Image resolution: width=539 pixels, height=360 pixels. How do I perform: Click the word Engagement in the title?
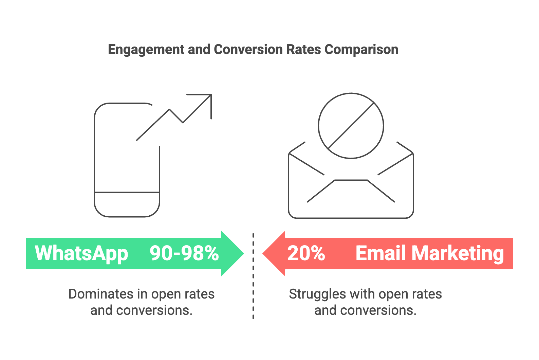point(146,50)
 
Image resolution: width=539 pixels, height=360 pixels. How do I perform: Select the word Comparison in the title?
point(361,50)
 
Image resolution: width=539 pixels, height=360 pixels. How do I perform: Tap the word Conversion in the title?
point(248,49)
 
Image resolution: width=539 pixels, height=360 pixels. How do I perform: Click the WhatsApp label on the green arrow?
point(81,254)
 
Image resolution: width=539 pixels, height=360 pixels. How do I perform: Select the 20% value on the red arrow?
point(306,253)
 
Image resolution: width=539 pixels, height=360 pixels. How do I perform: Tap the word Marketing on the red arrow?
point(458,254)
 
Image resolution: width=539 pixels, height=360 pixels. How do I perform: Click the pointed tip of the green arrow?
point(244,253)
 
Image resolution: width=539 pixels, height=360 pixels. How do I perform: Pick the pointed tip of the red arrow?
point(263,253)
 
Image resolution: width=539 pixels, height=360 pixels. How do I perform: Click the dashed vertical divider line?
point(253,276)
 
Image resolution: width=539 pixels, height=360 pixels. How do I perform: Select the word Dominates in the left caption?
point(101,294)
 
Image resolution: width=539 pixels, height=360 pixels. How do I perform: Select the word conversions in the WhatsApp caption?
point(154,310)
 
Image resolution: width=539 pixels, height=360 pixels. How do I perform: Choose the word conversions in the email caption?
point(378,310)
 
